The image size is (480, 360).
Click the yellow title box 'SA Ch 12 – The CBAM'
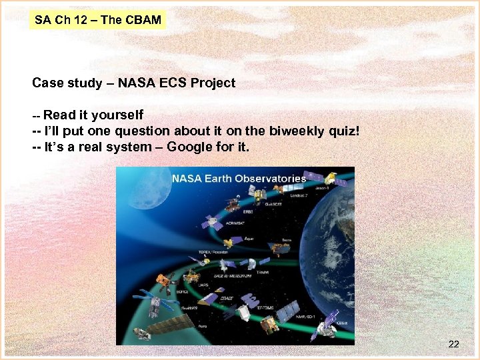(98, 20)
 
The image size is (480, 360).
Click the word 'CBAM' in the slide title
(142, 20)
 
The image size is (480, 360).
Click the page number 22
(453, 344)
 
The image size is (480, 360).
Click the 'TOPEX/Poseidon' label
(213, 252)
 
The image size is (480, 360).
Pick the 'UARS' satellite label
(203, 285)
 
